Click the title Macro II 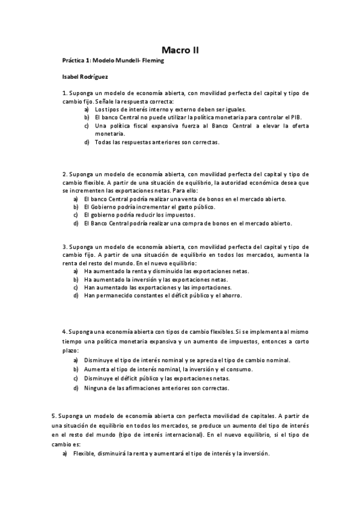tap(180, 51)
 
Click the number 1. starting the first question tap(64, 93)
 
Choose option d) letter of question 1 tap(87, 142)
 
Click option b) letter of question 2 tap(76, 207)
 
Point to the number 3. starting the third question tap(64, 247)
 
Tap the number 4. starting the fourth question tap(64, 332)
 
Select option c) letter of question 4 tap(76, 378)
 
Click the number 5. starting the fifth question tap(54, 416)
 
